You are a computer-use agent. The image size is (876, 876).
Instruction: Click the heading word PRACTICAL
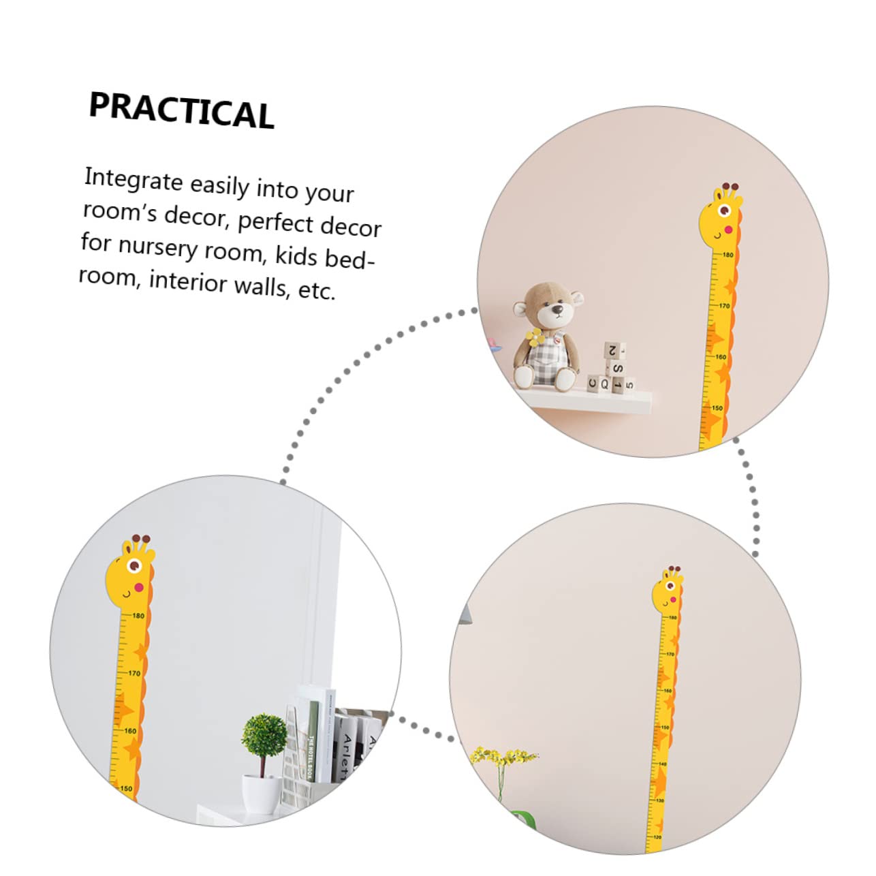point(181,110)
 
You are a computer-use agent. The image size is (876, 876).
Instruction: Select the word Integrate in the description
point(133,179)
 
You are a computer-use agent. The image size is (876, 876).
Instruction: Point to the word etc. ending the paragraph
point(317,291)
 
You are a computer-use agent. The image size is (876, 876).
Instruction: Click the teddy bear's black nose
point(557,311)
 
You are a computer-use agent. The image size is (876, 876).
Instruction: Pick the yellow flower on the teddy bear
point(535,337)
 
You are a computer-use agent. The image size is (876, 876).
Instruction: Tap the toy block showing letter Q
point(604,384)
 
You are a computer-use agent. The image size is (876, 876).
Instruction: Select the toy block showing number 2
point(613,351)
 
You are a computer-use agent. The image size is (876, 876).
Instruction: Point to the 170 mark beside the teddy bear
point(723,306)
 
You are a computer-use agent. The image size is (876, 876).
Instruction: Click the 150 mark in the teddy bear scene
point(717,408)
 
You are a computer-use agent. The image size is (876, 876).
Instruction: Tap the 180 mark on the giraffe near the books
point(138,616)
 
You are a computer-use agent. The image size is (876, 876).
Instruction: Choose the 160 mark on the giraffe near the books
point(129,731)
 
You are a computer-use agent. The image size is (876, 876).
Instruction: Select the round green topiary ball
point(264,735)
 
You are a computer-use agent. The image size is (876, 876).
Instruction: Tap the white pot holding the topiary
point(262,794)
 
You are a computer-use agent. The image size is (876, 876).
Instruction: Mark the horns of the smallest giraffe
point(674,569)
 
